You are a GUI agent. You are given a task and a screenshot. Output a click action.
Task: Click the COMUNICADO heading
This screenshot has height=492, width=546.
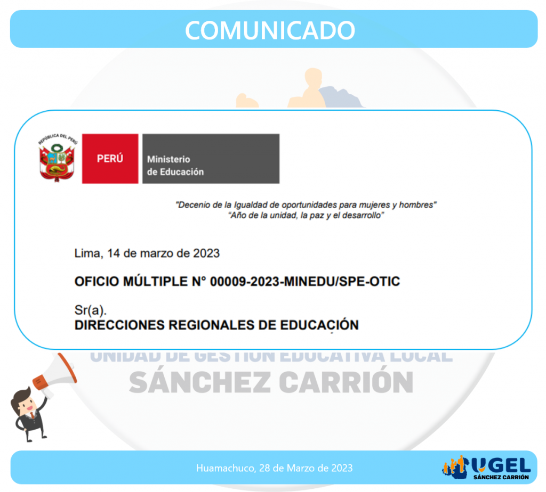pos(270,30)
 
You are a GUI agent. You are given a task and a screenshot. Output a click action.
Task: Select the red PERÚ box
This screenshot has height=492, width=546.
pos(110,159)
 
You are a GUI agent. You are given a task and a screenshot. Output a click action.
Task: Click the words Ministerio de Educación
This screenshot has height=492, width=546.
pos(175,166)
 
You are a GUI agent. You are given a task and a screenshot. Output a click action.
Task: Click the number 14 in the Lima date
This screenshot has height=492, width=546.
pos(114,253)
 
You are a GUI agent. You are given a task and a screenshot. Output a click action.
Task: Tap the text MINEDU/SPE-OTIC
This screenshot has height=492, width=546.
pos(342,281)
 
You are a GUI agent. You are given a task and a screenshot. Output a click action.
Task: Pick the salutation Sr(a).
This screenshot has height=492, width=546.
pos(91,310)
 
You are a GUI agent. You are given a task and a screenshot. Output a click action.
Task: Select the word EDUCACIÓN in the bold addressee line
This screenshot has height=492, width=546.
pos(319,325)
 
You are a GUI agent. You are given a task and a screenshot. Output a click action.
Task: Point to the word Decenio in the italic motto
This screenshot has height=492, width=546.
pos(193,205)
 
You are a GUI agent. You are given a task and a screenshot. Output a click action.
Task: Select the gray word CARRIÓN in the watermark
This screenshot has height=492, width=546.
pos(346,382)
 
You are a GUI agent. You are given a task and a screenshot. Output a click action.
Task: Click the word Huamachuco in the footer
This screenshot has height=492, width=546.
pos(226,468)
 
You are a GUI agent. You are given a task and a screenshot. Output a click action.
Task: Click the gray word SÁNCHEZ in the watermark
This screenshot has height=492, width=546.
pos(200,382)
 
